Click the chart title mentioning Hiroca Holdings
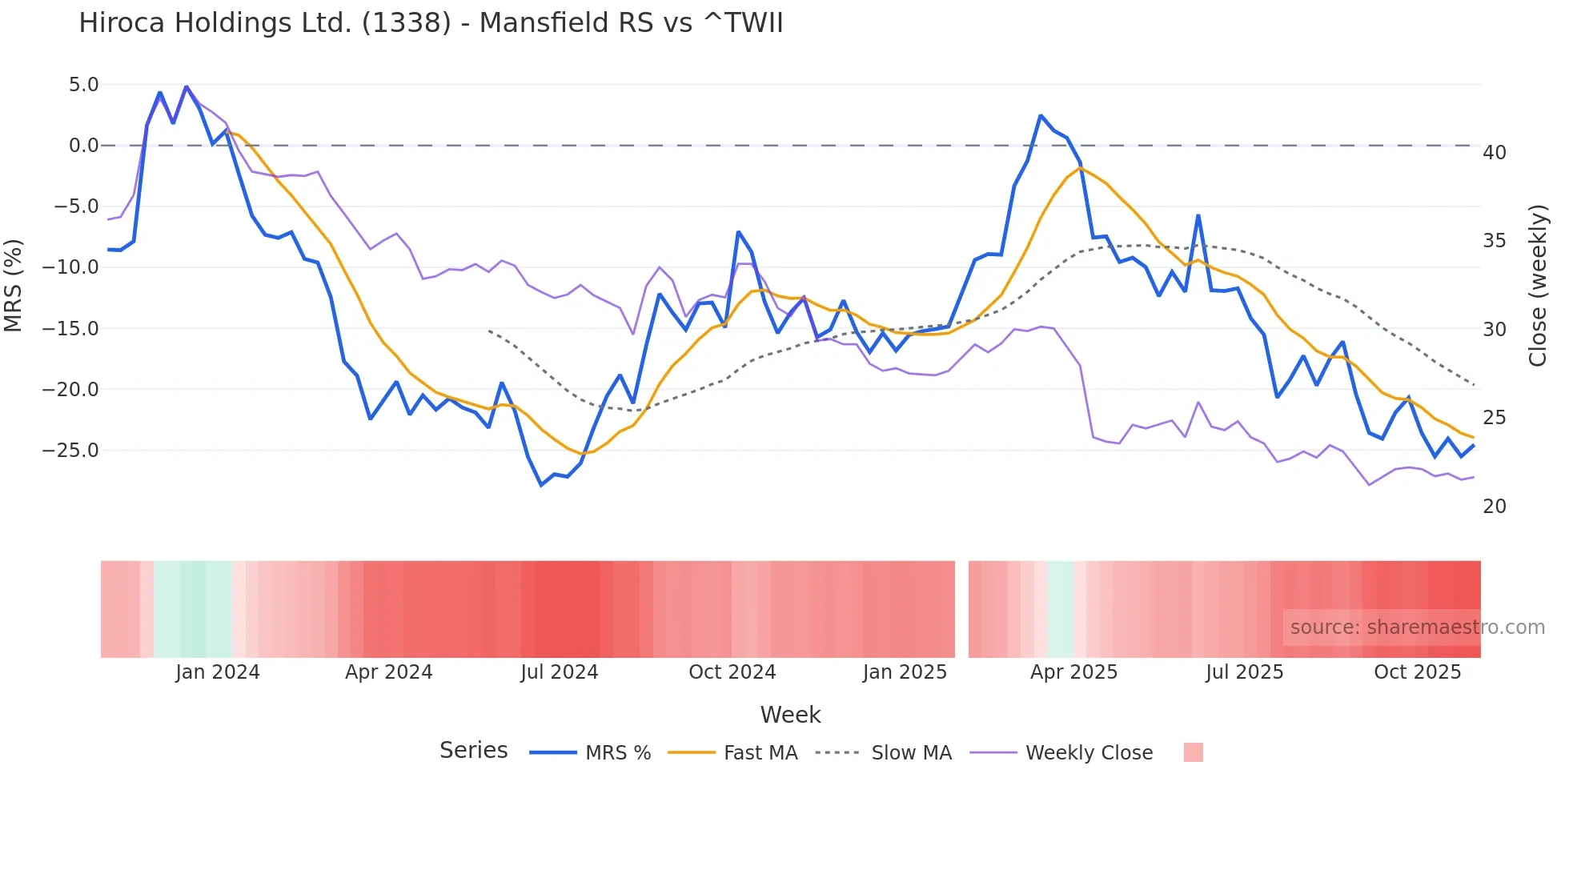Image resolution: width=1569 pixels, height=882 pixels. click(431, 23)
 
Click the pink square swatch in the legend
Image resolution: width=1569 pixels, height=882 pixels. click(1193, 752)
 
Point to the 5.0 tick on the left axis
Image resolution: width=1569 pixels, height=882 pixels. click(83, 85)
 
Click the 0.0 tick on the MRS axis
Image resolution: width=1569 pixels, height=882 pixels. click(83, 146)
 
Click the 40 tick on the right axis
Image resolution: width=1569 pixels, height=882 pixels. click(1495, 153)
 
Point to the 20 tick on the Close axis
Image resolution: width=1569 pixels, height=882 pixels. click(1495, 507)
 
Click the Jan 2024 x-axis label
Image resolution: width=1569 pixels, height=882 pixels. click(218, 672)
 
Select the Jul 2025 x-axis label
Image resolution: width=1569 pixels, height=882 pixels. click(1244, 672)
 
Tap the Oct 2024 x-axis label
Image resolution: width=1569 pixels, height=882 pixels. click(732, 672)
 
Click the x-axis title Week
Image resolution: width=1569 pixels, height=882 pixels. click(790, 715)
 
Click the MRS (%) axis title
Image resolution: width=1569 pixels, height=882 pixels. click(14, 285)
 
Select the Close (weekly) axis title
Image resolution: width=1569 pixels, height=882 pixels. click(1538, 286)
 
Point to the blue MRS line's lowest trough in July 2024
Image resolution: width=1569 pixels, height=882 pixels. click(541, 485)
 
